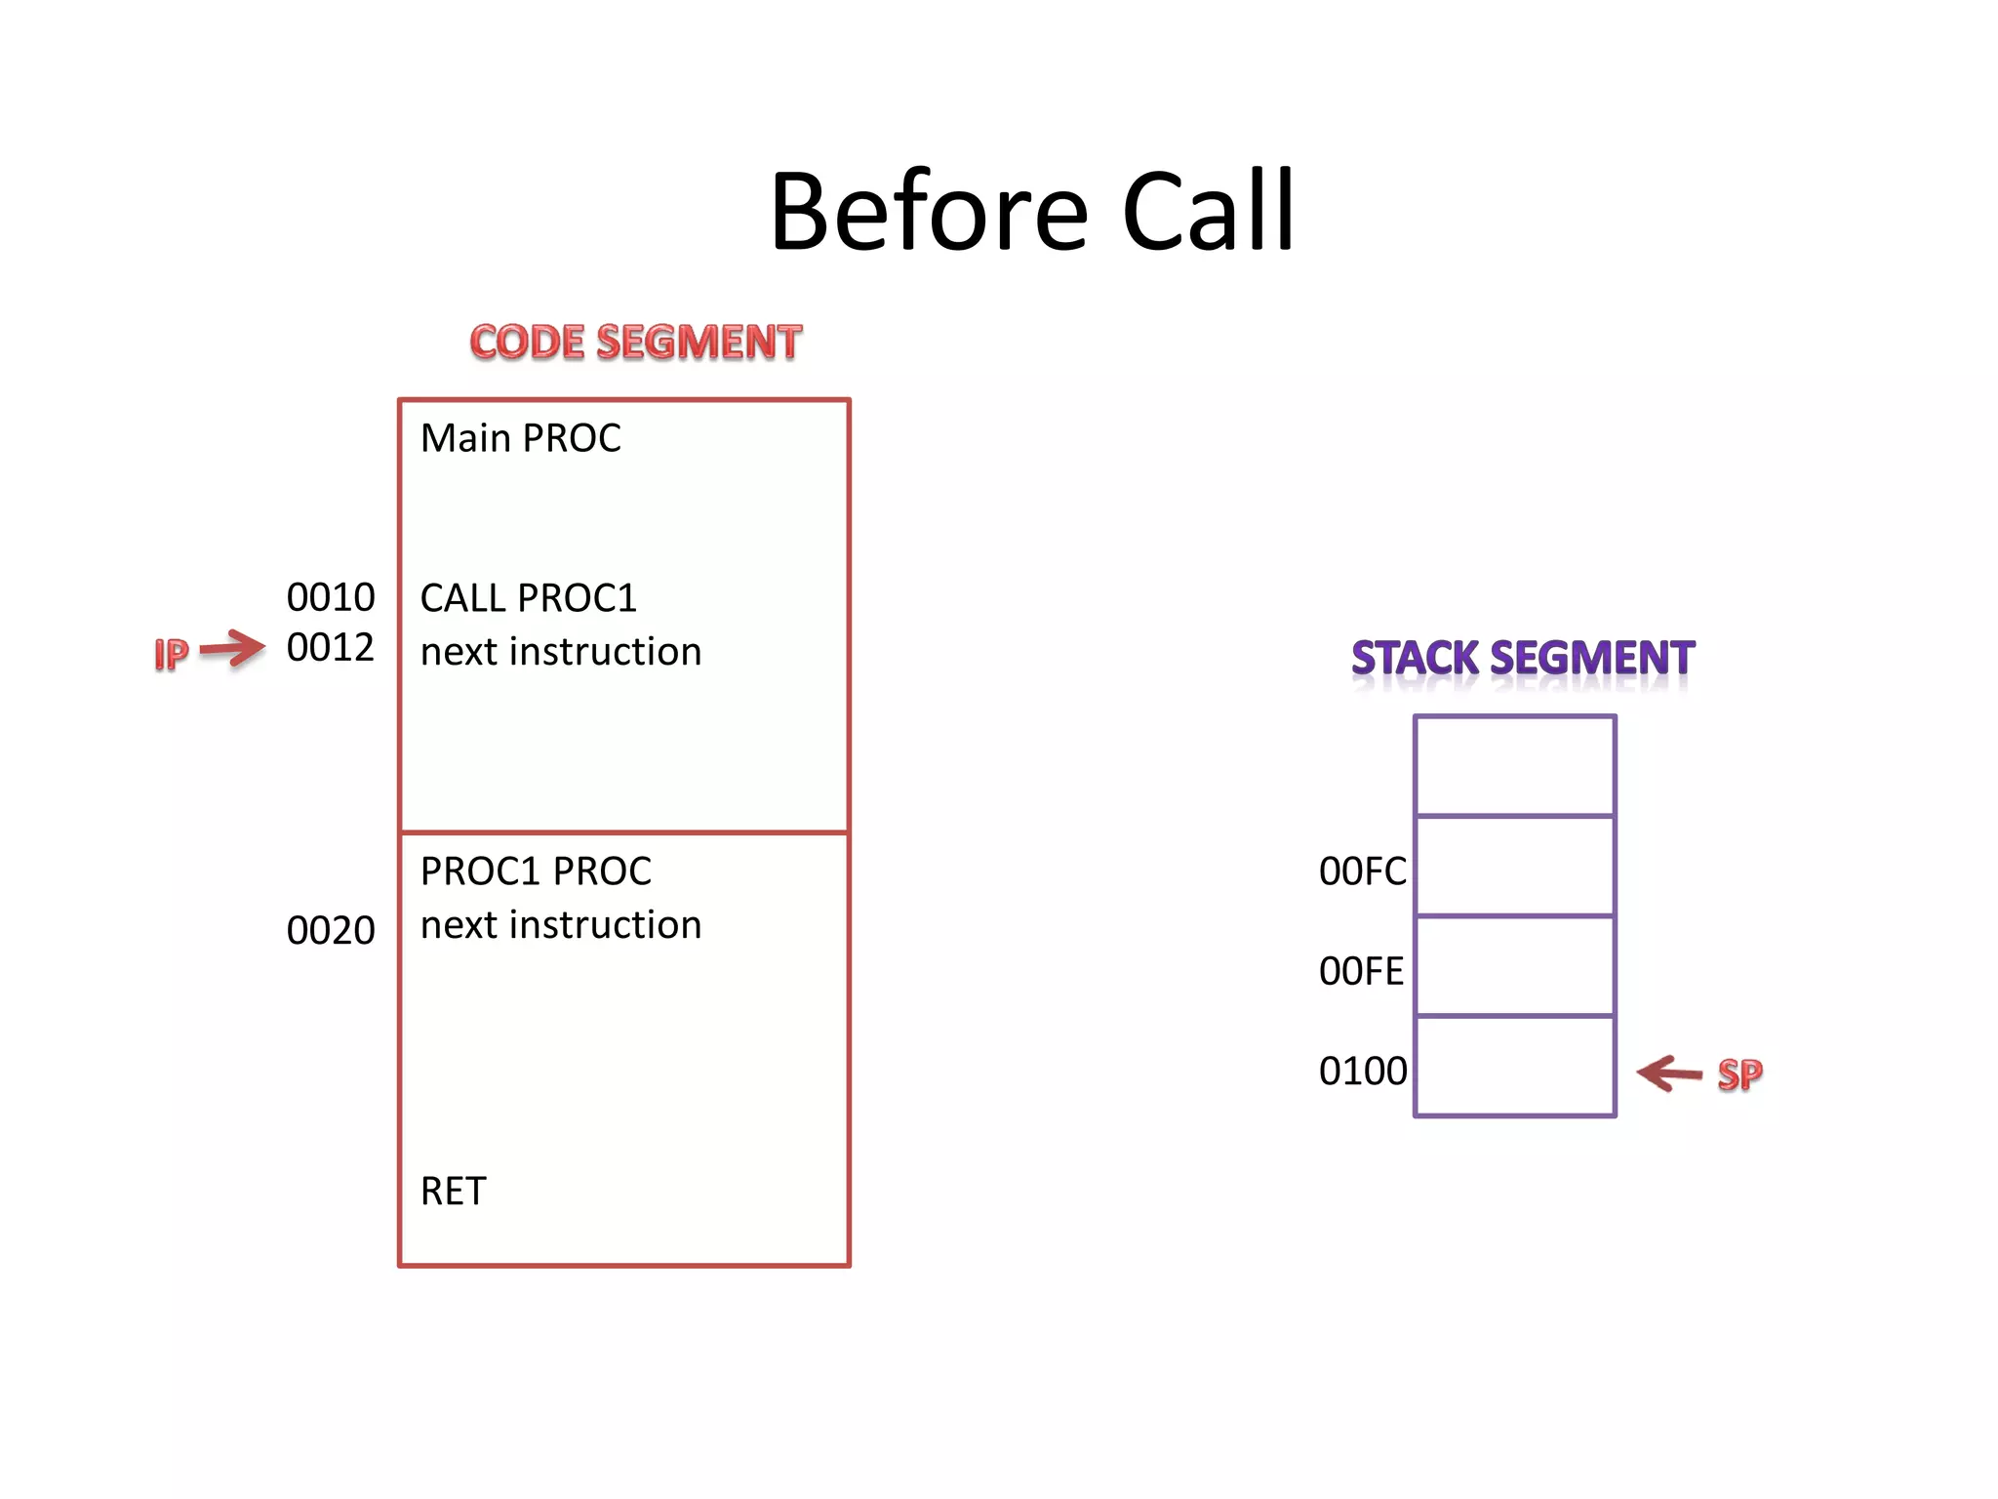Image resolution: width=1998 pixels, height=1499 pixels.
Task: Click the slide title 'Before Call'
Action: [1031, 212]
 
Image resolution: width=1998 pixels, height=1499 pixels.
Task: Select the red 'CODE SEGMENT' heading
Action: [636, 343]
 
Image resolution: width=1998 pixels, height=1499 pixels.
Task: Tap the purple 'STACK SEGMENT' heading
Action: [1522, 659]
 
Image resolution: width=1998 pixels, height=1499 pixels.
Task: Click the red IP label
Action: [171, 654]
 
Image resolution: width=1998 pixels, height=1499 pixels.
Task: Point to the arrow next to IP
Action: [232, 648]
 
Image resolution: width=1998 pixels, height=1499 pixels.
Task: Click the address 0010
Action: [331, 597]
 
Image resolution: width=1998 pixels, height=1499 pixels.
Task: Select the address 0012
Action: [331, 648]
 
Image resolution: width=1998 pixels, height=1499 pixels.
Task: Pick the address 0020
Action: [331, 931]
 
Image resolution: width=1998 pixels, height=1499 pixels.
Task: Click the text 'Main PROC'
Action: [520, 439]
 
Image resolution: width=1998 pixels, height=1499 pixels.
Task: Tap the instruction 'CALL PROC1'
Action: [528, 598]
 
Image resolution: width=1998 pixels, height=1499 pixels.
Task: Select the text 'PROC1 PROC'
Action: [536, 871]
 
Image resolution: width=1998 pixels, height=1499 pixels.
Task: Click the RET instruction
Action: [453, 1192]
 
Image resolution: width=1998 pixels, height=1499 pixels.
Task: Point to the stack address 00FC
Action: [1362, 871]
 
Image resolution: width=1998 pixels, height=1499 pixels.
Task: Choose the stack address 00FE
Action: [1361, 972]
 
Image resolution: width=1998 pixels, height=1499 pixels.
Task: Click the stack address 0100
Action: [1362, 1072]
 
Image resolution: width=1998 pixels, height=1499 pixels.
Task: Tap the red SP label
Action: [1739, 1074]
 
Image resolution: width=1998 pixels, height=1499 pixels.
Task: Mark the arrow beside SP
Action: [1669, 1074]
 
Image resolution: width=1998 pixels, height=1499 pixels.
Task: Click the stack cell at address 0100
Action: [1514, 1067]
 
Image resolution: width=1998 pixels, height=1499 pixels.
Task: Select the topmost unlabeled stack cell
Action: [1514, 766]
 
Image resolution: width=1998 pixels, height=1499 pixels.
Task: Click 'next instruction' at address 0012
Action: [561, 652]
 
